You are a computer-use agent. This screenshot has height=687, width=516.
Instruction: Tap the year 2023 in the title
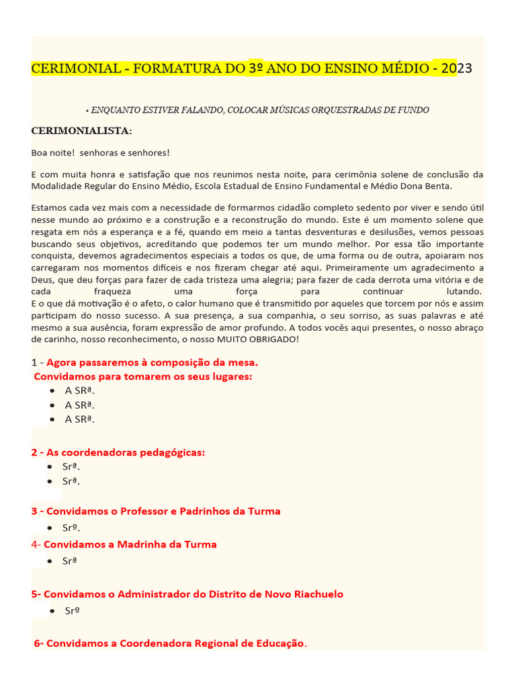(457, 68)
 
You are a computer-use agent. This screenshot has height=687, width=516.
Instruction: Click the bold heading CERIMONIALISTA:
(82, 130)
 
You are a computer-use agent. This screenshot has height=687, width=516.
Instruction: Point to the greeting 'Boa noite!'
(53, 153)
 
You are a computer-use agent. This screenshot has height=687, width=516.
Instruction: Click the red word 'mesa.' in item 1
(243, 362)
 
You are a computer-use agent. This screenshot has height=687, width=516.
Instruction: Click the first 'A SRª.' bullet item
(79, 390)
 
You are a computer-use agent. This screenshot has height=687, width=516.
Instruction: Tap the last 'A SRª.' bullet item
(79, 419)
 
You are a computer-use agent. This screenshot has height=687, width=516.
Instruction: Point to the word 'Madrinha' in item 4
(139, 544)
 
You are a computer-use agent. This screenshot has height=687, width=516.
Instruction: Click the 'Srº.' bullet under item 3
(73, 528)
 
